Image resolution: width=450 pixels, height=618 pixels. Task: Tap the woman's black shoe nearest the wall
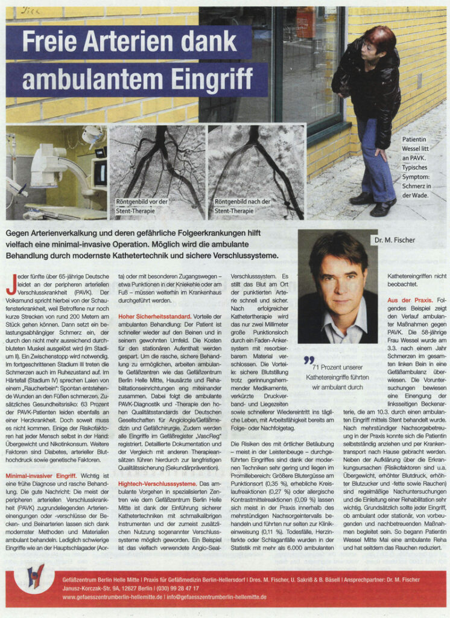click(362, 199)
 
